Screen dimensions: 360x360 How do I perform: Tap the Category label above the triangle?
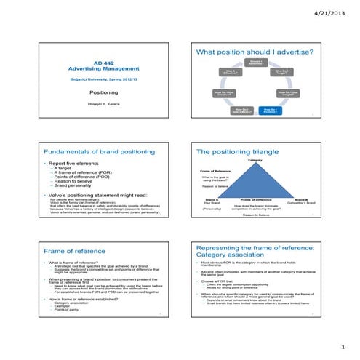pyautogui.click(x=255, y=160)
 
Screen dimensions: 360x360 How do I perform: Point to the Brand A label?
pyautogui.click(x=212, y=199)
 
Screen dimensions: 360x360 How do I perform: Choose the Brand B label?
pyautogui.click(x=301, y=199)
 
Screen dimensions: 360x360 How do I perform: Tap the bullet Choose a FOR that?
pyautogui.click(x=217, y=280)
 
